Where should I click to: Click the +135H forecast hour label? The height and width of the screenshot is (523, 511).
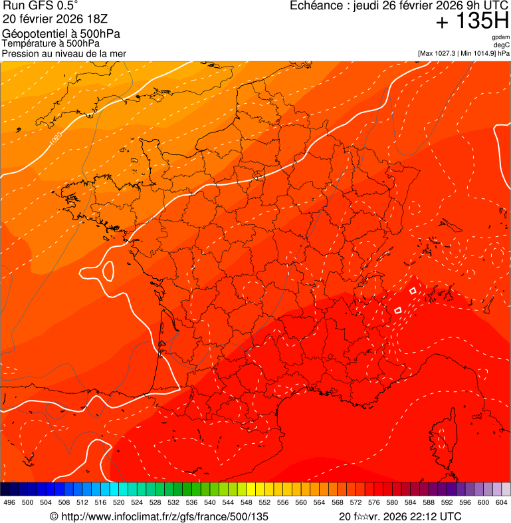472,21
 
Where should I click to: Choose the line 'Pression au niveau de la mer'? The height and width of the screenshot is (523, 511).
64,53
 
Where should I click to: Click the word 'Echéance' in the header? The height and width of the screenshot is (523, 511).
316,6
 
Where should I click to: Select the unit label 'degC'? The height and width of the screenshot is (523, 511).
502,45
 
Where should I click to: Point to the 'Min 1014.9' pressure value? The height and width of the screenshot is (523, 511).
477,53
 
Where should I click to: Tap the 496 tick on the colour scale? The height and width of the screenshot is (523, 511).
9,503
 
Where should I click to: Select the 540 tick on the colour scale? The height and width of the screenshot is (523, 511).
210,503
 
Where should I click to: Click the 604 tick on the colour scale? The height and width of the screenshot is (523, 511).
502,503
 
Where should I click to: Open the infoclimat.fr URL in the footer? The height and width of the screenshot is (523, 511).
159,516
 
